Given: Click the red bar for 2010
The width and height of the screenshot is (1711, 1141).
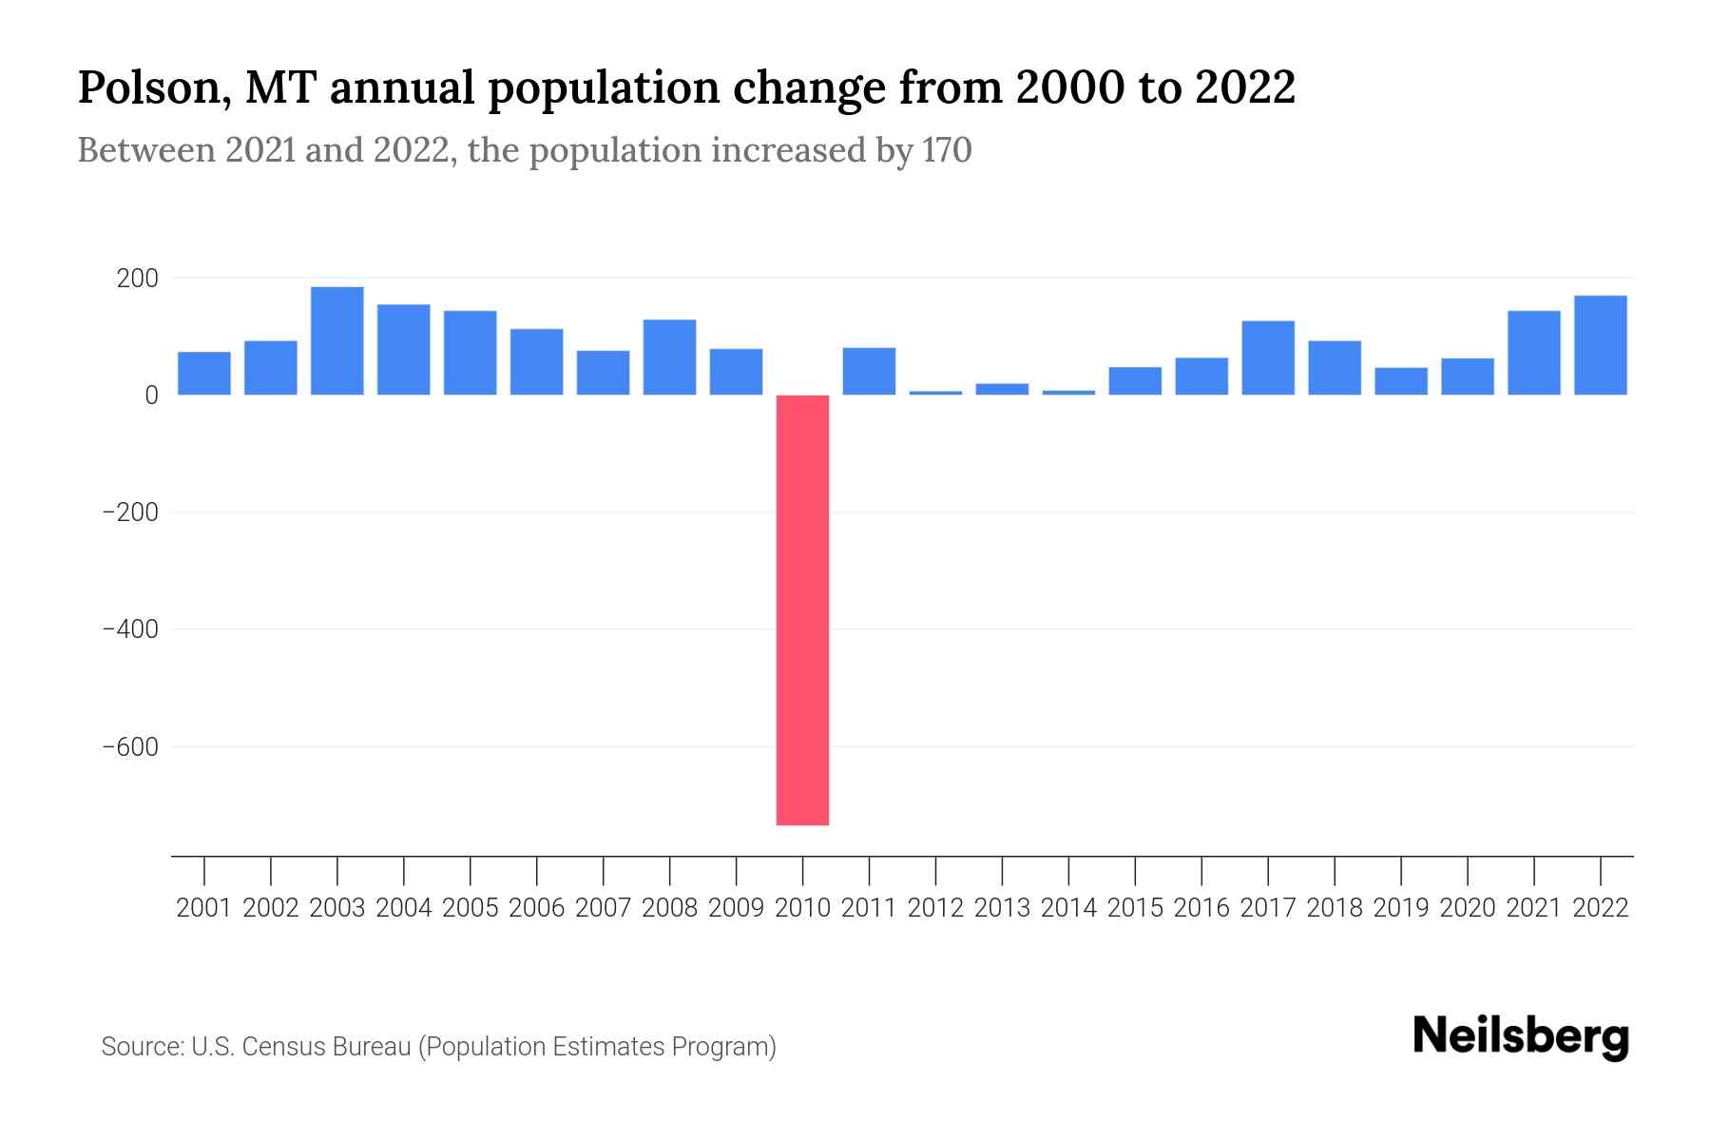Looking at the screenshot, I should [802, 609].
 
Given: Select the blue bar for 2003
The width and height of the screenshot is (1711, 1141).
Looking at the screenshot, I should [337, 340].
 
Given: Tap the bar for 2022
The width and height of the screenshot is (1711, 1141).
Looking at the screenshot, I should [1601, 345].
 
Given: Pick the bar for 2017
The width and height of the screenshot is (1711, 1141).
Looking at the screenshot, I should [1268, 358].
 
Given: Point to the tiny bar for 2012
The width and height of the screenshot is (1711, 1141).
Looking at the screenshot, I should [935, 392].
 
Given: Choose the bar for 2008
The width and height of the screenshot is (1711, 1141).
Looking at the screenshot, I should [669, 357].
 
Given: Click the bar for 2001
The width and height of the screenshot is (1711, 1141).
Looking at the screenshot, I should [204, 373].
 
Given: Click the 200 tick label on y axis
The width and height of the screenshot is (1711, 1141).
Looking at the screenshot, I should [137, 279].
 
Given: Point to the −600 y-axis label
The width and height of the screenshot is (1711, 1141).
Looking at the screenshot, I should [130, 747].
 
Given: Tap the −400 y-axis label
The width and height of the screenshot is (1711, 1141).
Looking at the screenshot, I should [130, 629].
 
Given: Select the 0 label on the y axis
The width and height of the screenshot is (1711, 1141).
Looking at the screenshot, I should [151, 396].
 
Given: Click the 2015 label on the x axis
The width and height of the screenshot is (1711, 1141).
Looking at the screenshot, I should [1135, 908].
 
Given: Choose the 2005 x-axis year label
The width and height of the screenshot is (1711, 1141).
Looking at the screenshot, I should [471, 908].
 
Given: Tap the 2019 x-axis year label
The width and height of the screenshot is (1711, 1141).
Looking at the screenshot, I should [1401, 908].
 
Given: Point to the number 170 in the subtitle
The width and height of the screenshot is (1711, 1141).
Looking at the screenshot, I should [947, 150].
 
